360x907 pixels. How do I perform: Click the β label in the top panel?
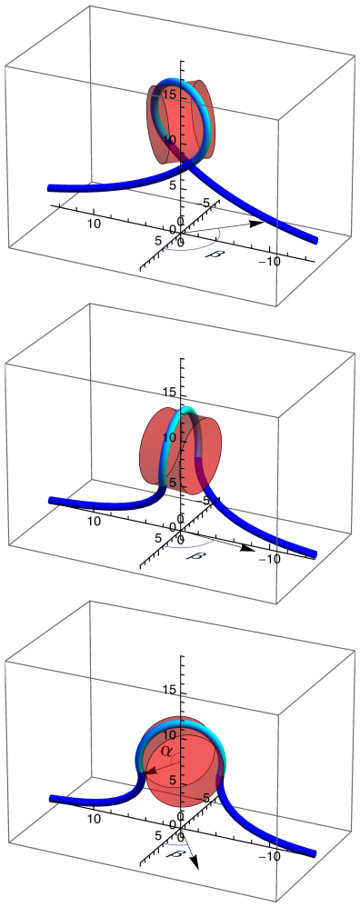[215, 253]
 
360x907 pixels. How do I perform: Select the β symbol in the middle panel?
[193, 553]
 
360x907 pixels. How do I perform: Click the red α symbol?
[165, 752]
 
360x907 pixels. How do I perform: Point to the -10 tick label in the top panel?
[269, 262]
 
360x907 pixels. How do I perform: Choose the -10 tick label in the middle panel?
[269, 558]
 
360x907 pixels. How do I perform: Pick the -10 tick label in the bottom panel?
[269, 856]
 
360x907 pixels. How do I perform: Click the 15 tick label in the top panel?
[167, 94]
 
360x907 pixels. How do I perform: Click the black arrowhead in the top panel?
[255, 222]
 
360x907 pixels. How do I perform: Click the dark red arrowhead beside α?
[145, 772]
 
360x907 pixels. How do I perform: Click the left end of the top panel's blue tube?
[51, 187]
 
